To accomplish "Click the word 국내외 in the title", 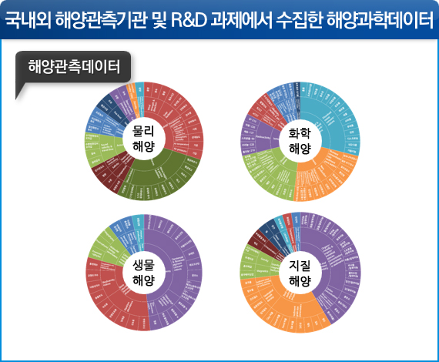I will (32, 18).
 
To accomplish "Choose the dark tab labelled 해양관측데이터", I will (73, 67).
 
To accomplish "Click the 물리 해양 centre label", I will (144, 139).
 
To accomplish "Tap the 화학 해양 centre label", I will (298, 139).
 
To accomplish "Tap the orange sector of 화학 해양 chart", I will (320, 173).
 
